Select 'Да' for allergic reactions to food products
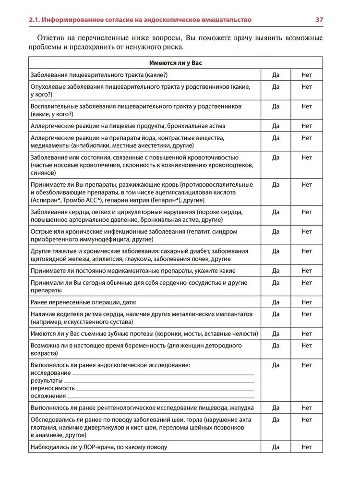[276, 126]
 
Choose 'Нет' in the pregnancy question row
[307, 346]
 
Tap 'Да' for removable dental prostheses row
[276, 334]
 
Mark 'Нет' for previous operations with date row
[307, 302]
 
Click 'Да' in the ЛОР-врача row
[276, 447]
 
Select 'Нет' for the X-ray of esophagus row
[307, 408]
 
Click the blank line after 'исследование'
[163, 374]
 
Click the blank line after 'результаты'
[160, 381]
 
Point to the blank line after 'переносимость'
[165, 389]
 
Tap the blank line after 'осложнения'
[161, 396]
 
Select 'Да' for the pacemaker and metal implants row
[276, 314]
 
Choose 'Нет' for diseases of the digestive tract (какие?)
[307, 75]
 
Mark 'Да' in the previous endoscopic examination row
[276, 365]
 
